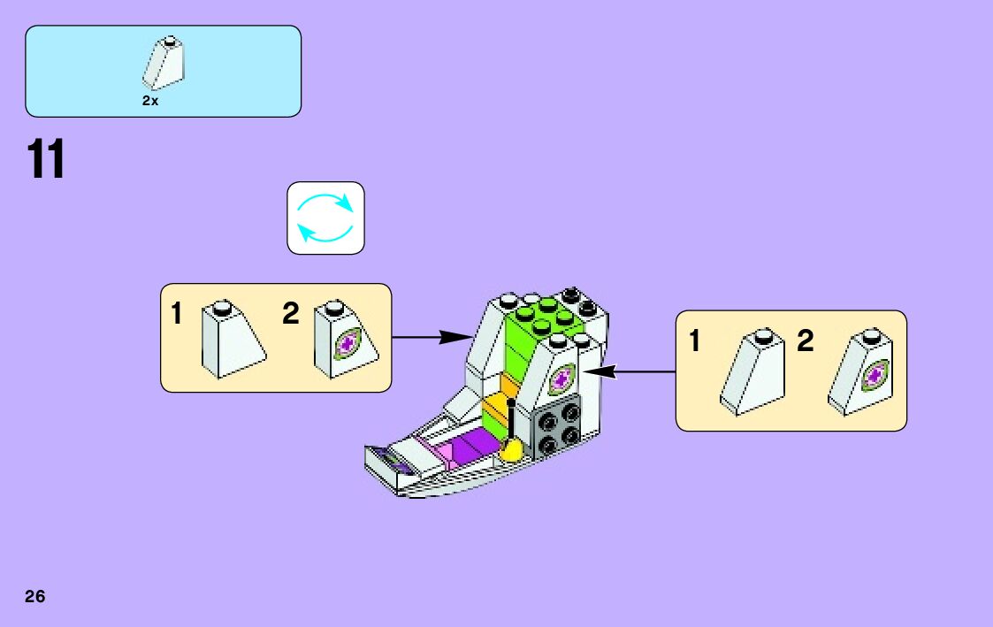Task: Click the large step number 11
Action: (x=46, y=160)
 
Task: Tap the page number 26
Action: (x=35, y=596)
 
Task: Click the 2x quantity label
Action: (x=150, y=101)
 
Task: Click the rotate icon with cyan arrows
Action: (x=325, y=218)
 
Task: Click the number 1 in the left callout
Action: (x=177, y=314)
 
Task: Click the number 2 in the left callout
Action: (x=290, y=314)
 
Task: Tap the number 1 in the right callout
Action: (x=695, y=340)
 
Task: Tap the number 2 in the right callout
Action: (x=805, y=340)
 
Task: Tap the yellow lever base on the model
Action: (x=511, y=452)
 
